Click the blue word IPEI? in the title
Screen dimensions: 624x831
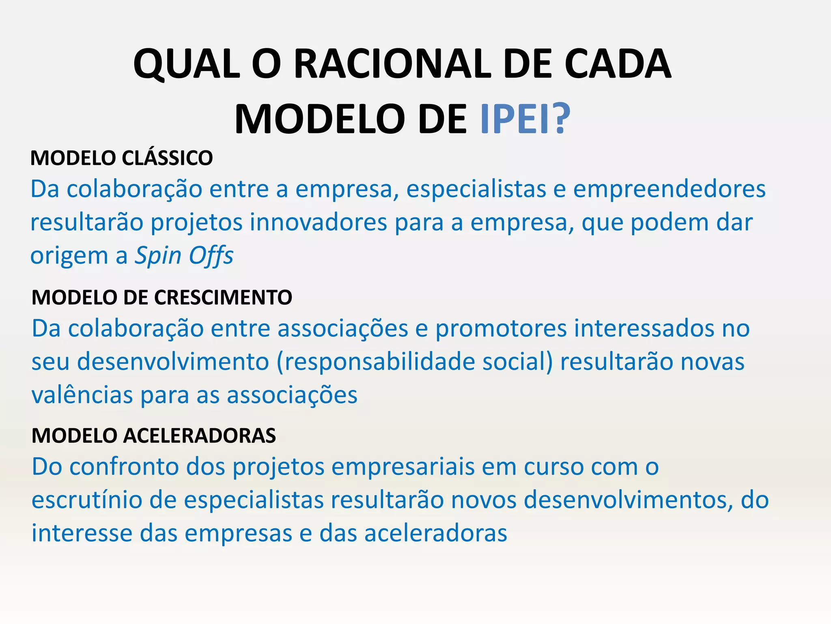tap(525, 119)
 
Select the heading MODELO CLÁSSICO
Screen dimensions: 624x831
tap(121, 158)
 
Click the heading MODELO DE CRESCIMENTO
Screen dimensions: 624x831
tap(162, 297)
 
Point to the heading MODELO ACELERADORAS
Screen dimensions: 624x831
tap(154, 435)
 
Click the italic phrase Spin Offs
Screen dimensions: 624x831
tap(184, 256)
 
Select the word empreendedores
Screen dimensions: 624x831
tap(669, 189)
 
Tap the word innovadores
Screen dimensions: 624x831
tap(318, 223)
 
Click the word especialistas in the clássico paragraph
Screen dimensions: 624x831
tap(476, 189)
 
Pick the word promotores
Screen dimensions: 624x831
tap(501, 328)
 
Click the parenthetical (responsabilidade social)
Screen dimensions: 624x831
tap(414, 362)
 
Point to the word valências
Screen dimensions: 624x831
tap(82, 395)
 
